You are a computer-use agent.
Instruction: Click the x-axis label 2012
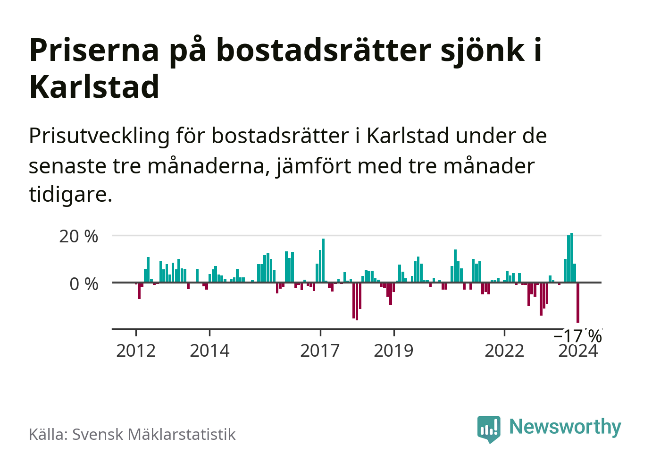coord(136,351)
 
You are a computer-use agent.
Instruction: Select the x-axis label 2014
coord(209,351)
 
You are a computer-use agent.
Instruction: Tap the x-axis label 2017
coord(320,351)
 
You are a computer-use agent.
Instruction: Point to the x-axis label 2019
coord(393,351)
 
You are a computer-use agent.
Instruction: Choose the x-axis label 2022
coord(504,351)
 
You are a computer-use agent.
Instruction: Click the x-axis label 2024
coord(578,352)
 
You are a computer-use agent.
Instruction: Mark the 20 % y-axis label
coord(79,236)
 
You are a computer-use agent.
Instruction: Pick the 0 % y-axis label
coord(84,284)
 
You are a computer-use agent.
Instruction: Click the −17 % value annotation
coord(577,336)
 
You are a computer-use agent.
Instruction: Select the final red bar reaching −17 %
coord(578,302)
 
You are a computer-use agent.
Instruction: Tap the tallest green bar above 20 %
coord(571,257)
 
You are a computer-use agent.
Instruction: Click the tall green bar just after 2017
coord(323,260)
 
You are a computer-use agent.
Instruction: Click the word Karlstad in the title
coord(94,87)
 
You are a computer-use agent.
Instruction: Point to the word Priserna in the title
coord(94,50)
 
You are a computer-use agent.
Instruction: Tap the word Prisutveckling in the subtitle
coord(99,136)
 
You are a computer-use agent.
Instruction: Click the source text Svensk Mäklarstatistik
coord(154,434)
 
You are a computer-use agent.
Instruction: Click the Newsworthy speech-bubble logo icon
coord(488,429)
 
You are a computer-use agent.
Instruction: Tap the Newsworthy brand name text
coord(565,427)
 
